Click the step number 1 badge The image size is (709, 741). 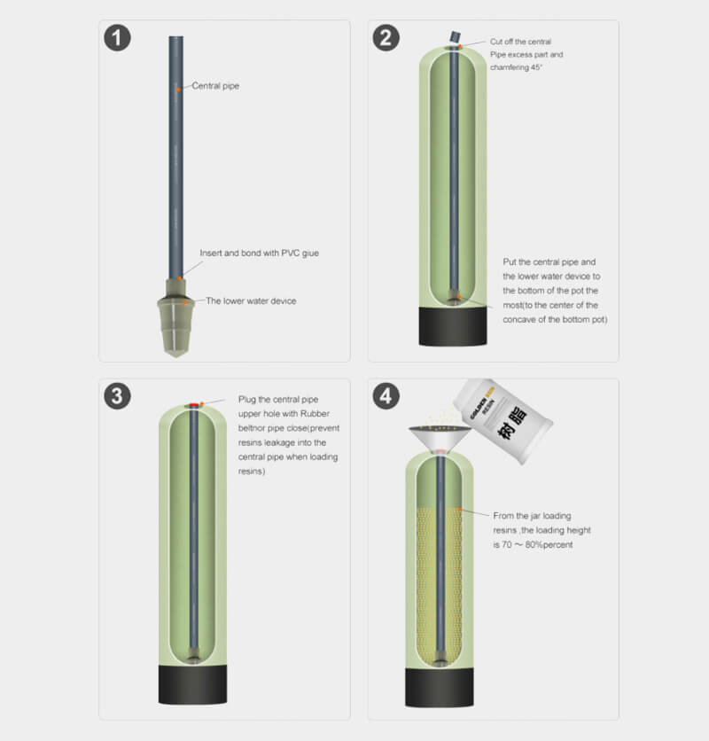pos(117,38)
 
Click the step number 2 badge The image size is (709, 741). pos(386,38)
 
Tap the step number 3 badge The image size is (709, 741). pos(117,396)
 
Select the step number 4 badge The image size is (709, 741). pos(386,396)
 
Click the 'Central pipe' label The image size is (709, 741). pos(215,86)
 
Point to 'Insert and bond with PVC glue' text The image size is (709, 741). pos(259,253)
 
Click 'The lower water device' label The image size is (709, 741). pos(251,301)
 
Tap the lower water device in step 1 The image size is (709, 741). pos(175,317)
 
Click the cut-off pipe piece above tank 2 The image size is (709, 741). pos(455,36)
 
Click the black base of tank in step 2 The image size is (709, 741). pos(453,326)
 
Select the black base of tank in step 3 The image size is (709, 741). pos(192,684)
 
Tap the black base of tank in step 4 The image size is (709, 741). pos(440,688)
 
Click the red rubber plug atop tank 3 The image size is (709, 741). pos(194,405)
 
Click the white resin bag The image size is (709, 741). pos(503,421)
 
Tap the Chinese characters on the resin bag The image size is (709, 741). pos(512,423)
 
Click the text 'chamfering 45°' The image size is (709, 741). pos(516,67)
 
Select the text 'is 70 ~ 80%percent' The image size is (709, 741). pos(533,545)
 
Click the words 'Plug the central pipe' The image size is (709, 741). pos(278,400)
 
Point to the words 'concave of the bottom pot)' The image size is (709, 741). pos(555,320)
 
